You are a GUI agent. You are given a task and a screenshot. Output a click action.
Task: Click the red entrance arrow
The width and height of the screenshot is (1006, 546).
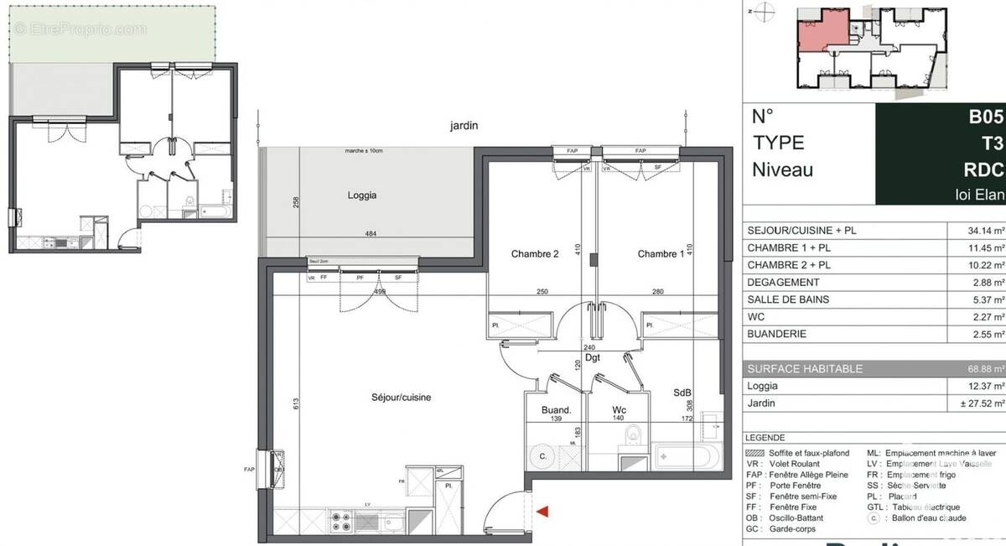pyautogui.click(x=543, y=511)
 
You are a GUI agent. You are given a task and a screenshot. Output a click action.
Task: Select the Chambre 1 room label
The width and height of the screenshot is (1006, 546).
pyautogui.click(x=661, y=254)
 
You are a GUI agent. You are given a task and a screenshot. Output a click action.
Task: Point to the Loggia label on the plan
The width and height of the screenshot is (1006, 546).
pyautogui.click(x=362, y=195)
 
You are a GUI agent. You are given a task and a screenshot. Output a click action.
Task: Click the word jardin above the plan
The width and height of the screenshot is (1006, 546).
pyautogui.click(x=463, y=126)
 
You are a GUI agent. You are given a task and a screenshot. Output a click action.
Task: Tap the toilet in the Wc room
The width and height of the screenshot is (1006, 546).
pyautogui.click(x=633, y=434)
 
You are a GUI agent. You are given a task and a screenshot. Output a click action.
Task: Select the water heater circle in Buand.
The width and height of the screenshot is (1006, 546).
pyautogui.click(x=542, y=457)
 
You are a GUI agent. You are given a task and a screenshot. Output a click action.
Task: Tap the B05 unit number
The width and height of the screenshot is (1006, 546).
pyautogui.click(x=986, y=116)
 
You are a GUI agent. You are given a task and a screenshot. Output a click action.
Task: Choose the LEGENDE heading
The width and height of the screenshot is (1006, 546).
pyautogui.click(x=765, y=438)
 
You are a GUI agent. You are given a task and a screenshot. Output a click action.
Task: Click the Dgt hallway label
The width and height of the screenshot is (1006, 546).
pyautogui.click(x=593, y=356)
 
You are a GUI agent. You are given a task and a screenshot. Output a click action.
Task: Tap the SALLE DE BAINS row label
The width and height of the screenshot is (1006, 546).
pyautogui.click(x=787, y=299)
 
